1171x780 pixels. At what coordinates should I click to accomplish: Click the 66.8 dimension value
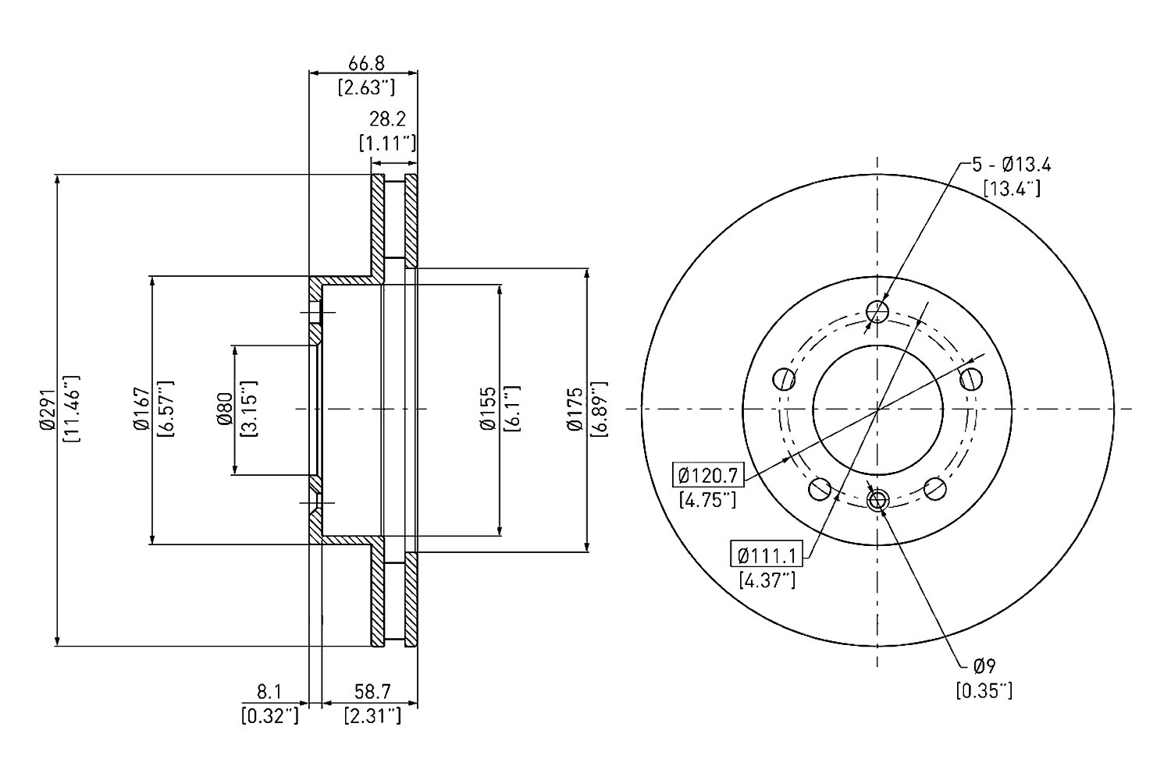point(366,64)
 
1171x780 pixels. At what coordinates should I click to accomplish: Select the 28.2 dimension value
point(387,119)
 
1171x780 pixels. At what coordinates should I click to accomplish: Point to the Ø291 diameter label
point(48,410)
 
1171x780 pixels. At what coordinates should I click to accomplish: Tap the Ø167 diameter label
point(141,409)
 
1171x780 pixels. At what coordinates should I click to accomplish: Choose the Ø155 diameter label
point(488,409)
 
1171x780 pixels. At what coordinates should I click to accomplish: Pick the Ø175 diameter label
point(575,409)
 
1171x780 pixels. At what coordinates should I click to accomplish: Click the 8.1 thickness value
point(269,692)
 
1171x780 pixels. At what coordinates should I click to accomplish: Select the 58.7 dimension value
point(372,692)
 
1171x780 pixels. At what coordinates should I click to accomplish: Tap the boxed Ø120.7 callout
point(708,476)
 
